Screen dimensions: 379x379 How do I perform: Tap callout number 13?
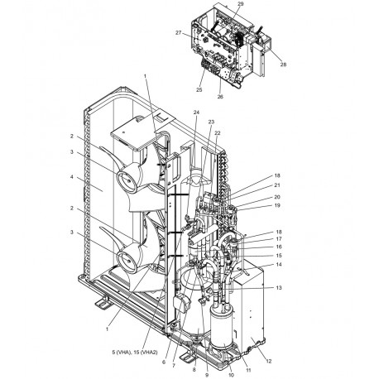point(280,287)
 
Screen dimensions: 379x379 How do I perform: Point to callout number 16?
point(278,247)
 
